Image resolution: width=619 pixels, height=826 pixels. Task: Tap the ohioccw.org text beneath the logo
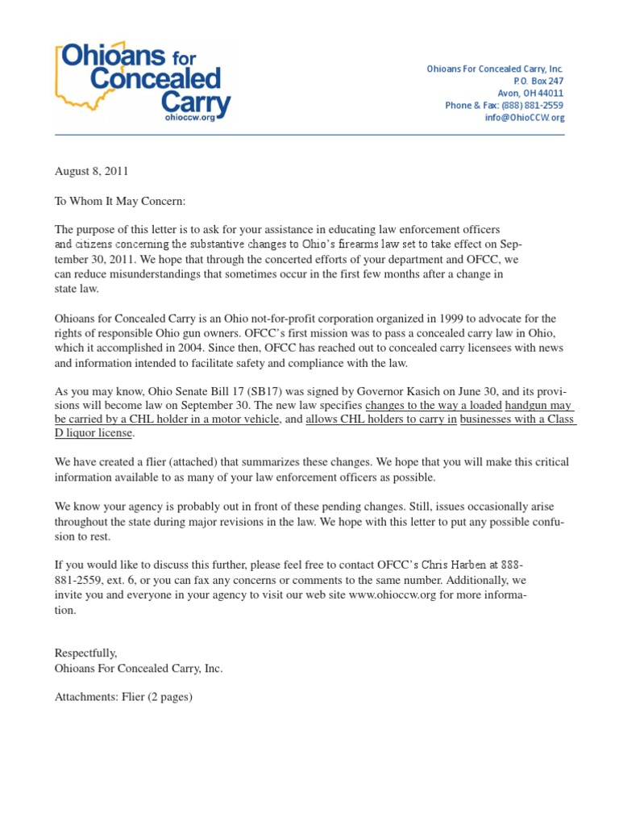[x=190, y=117]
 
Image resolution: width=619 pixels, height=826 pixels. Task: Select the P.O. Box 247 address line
[x=538, y=81]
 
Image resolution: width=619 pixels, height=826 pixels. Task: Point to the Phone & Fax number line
[x=504, y=106]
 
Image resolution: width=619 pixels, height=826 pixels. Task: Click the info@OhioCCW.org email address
[x=524, y=118]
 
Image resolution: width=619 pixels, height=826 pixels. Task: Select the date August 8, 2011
[x=91, y=171]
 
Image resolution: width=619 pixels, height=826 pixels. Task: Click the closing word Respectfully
[x=86, y=653]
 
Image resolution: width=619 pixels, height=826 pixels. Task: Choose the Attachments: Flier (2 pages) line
[x=123, y=697]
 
